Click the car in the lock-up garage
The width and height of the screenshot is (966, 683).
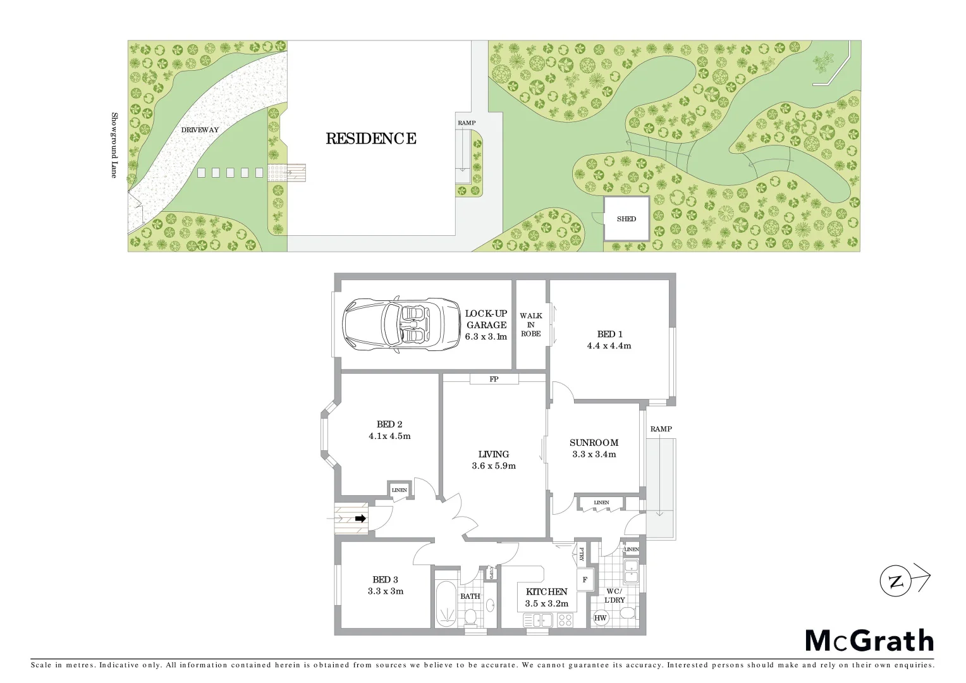[401, 324]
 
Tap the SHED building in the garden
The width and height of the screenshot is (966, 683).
[627, 219]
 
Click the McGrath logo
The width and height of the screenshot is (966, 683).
[869, 641]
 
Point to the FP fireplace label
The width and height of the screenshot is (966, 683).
[494, 379]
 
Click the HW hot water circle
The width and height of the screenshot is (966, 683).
[600, 618]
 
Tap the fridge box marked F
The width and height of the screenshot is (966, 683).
[585, 580]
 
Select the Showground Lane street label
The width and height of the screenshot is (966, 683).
[114, 145]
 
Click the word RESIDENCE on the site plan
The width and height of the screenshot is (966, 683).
[371, 138]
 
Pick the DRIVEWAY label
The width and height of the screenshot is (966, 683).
[200, 130]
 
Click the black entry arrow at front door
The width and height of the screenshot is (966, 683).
[360, 519]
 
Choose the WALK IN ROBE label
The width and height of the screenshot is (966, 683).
[531, 324]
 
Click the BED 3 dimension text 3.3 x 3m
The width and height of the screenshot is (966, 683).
[386, 591]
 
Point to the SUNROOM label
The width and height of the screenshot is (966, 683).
[594, 443]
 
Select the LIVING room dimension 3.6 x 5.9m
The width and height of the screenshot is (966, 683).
[494, 466]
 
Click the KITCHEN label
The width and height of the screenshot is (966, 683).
[547, 592]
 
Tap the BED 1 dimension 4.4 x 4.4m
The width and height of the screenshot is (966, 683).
[609, 346]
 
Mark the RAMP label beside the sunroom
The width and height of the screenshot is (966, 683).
[661, 429]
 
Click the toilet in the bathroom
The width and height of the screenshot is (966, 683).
[470, 616]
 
